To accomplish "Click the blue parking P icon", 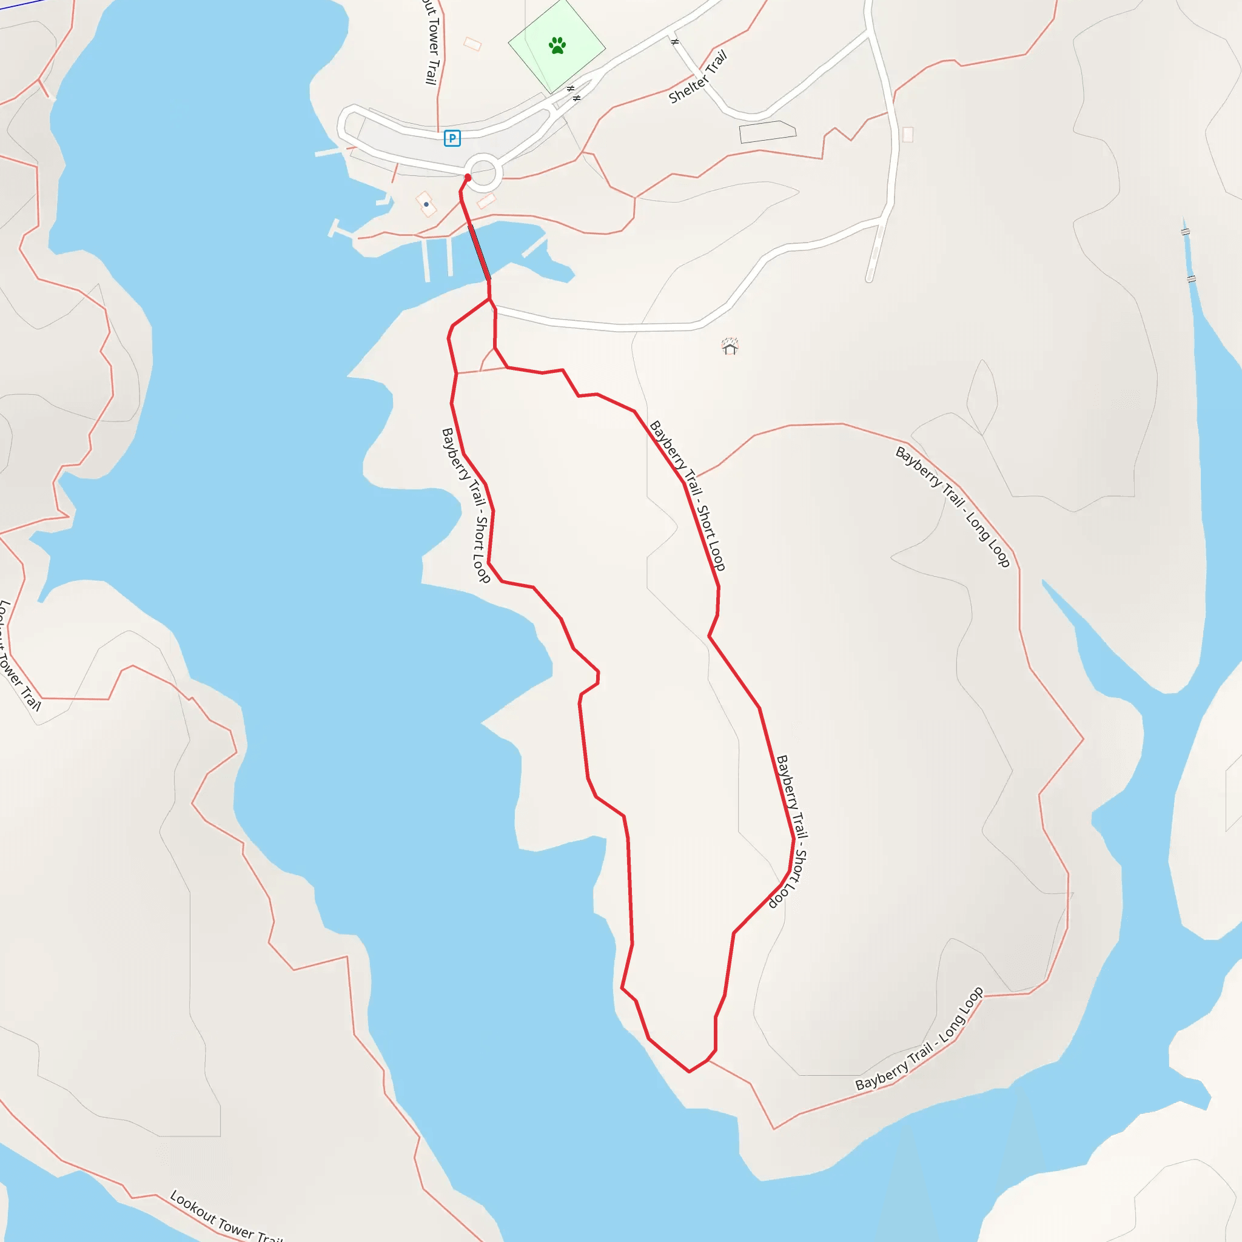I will point(452,138).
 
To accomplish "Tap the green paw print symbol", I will point(557,45).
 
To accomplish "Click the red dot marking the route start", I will point(468,178).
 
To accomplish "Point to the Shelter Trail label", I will point(698,77).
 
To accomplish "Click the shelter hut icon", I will point(730,347).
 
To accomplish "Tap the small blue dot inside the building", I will point(426,204).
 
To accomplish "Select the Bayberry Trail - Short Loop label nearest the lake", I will point(466,505).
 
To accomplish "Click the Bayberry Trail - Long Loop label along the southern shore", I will point(919,1038).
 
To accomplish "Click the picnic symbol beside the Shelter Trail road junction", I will point(675,42).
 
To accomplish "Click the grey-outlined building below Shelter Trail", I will point(768,132).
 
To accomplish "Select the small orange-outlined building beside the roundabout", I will point(486,201).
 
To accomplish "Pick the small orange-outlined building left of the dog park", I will point(472,44).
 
